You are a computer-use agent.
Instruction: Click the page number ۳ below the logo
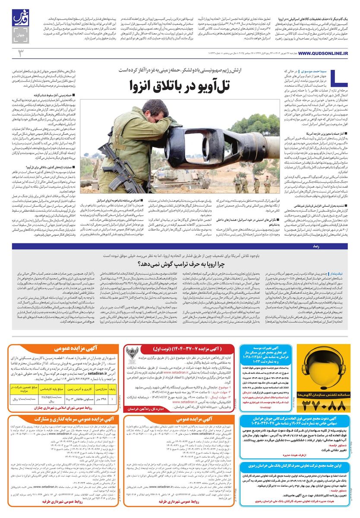[20, 53]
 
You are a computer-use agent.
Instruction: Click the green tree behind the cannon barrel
[259, 125]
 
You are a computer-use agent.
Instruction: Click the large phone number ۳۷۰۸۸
[322, 404]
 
